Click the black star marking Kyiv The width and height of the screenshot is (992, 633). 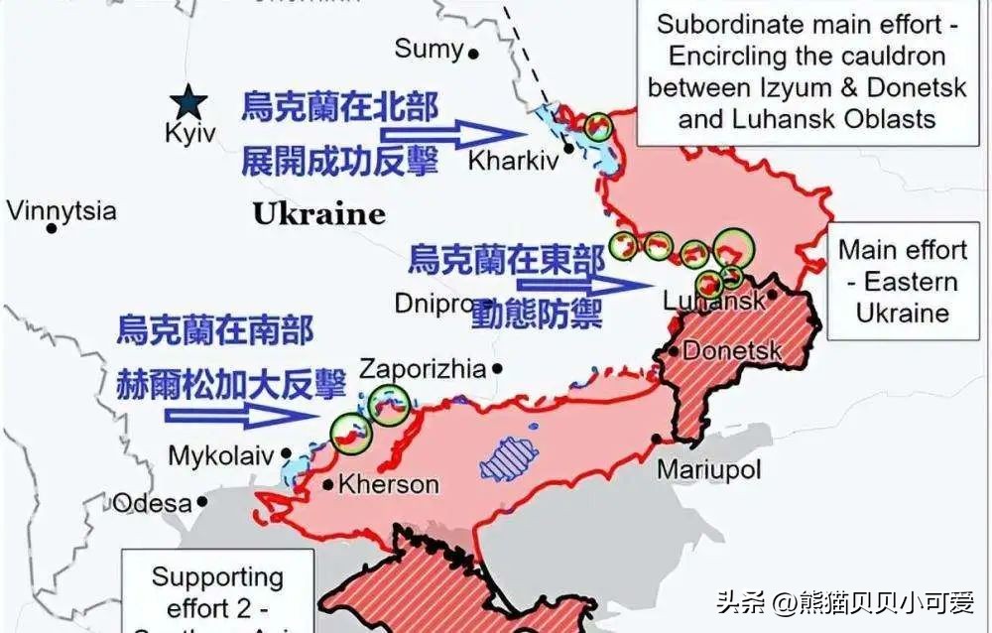(x=187, y=100)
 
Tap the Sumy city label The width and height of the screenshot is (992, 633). (x=429, y=49)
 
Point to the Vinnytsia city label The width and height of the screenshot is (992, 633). (x=62, y=210)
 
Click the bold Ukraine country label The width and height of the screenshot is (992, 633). (x=317, y=213)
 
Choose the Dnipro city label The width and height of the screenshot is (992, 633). (x=432, y=303)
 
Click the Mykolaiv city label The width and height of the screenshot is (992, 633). (x=220, y=455)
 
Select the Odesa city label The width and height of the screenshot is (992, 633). (x=151, y=502)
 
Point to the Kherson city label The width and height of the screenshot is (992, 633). (x=388, y=484)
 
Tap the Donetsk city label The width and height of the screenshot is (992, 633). (x=732, y=350)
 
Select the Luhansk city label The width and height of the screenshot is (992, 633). (x=713, y=300)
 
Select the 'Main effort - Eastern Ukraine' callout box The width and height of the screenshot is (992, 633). (x=902, y=281)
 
